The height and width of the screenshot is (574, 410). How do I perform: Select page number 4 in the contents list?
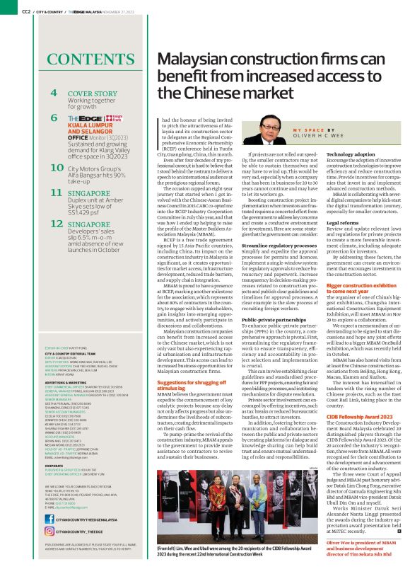tap(53, 93)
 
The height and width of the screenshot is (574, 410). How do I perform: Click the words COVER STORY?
tap(93, 93)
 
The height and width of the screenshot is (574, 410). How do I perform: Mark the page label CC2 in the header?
tap(26, 11)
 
